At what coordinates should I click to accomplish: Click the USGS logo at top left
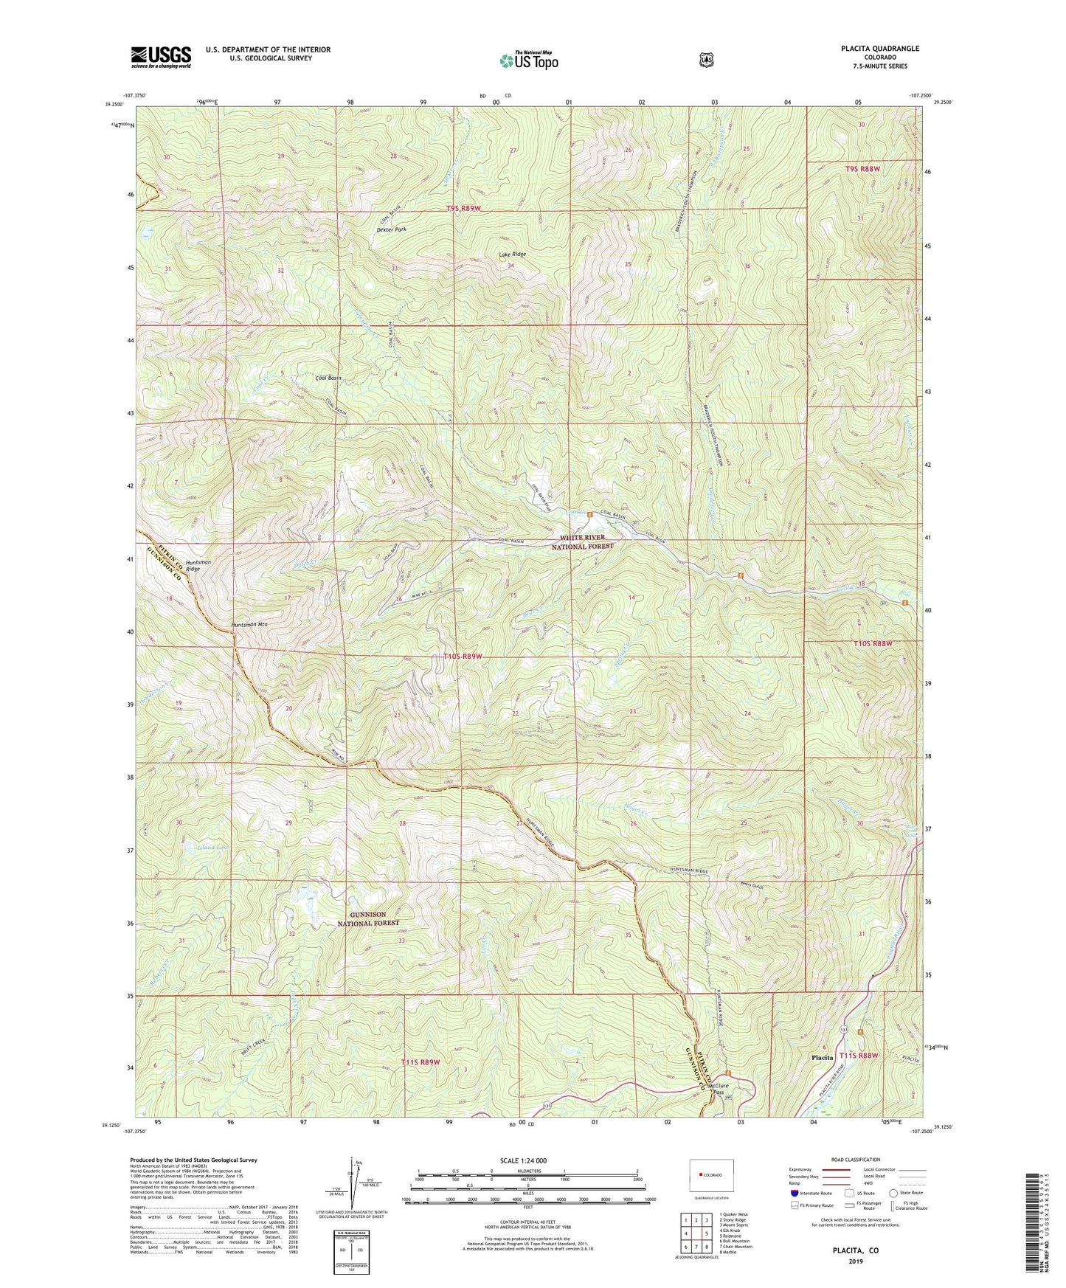point(161,57)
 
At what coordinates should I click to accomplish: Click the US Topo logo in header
point(527,60)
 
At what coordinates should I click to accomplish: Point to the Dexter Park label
point(391,229)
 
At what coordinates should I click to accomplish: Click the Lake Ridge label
point(512,255)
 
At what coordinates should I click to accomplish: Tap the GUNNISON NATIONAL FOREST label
point(375,918)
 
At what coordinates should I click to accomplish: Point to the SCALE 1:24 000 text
point(523,1160)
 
